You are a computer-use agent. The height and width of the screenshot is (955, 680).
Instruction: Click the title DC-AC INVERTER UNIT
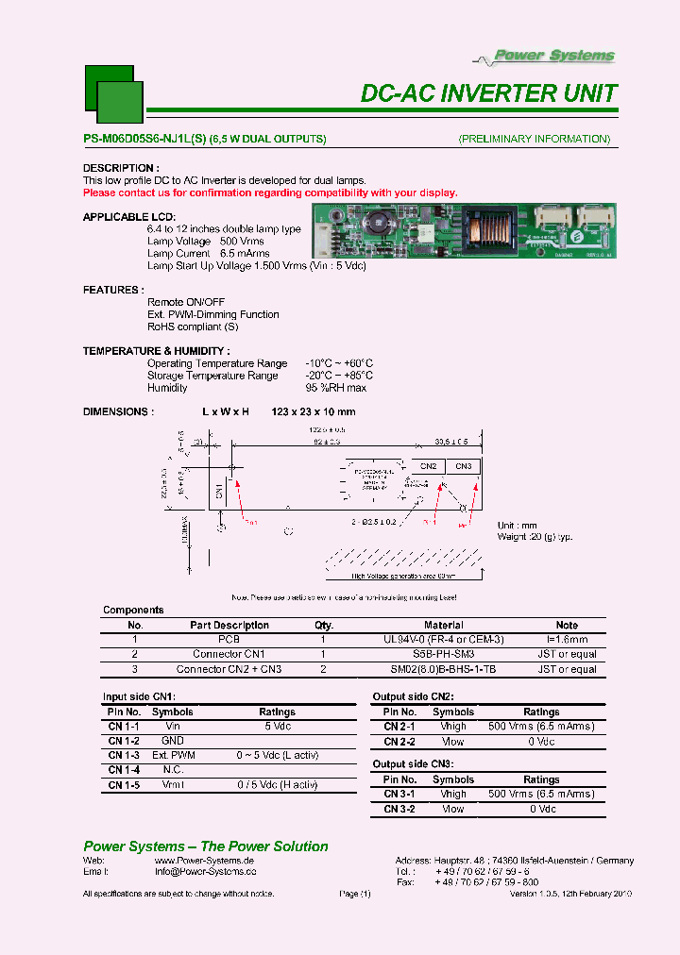point(489,93)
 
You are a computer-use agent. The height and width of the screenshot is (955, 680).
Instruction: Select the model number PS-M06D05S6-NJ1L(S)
point(144,139)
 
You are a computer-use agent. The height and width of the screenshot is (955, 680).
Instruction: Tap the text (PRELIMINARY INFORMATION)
point(534,139)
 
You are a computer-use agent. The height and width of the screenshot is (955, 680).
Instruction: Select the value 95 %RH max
point(335,388)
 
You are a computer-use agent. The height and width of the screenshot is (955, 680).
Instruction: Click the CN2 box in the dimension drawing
point(428,466)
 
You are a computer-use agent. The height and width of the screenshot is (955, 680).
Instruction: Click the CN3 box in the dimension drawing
point(463,466)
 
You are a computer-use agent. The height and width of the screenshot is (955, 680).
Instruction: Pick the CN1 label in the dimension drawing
point(219,490)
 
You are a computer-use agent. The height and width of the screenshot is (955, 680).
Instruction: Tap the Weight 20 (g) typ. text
point(535,536)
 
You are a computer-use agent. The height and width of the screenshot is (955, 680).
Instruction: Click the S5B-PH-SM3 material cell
point(445,654)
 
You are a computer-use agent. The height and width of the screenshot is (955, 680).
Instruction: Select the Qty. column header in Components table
point(324,625)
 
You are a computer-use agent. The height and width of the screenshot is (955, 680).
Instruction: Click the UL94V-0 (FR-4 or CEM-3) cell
point(445,639)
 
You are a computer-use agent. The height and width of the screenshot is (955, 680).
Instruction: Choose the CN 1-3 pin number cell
point(124,756)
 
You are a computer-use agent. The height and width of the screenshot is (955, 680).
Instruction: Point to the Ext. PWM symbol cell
point(173,756)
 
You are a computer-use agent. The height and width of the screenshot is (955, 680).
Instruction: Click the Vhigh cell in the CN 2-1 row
point(453,727)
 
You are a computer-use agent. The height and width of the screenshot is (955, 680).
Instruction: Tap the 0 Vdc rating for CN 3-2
point(541,809)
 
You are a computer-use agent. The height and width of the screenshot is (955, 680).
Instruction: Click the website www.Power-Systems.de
point(204,862)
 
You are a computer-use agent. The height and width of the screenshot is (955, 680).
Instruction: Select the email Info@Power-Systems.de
point(205,873)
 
